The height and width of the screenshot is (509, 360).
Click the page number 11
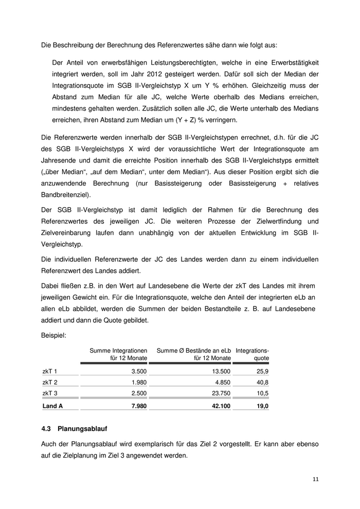pos(316,479)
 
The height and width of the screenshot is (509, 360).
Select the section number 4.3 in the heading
pos(46,428)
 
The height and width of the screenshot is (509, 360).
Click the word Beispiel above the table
pos(53,335)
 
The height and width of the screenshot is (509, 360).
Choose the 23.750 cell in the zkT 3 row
pos(220,394)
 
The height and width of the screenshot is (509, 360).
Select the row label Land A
pos(52,406)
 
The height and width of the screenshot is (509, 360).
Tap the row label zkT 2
pos(50,383)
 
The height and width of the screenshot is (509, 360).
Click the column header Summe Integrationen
pos(119,350)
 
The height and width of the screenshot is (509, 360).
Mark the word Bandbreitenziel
pos(66,195)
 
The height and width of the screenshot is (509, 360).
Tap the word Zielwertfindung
pos(281,222)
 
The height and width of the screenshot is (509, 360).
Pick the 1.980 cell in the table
pos(139,383)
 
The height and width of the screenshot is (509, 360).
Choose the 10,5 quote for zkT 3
pos(262,394)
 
